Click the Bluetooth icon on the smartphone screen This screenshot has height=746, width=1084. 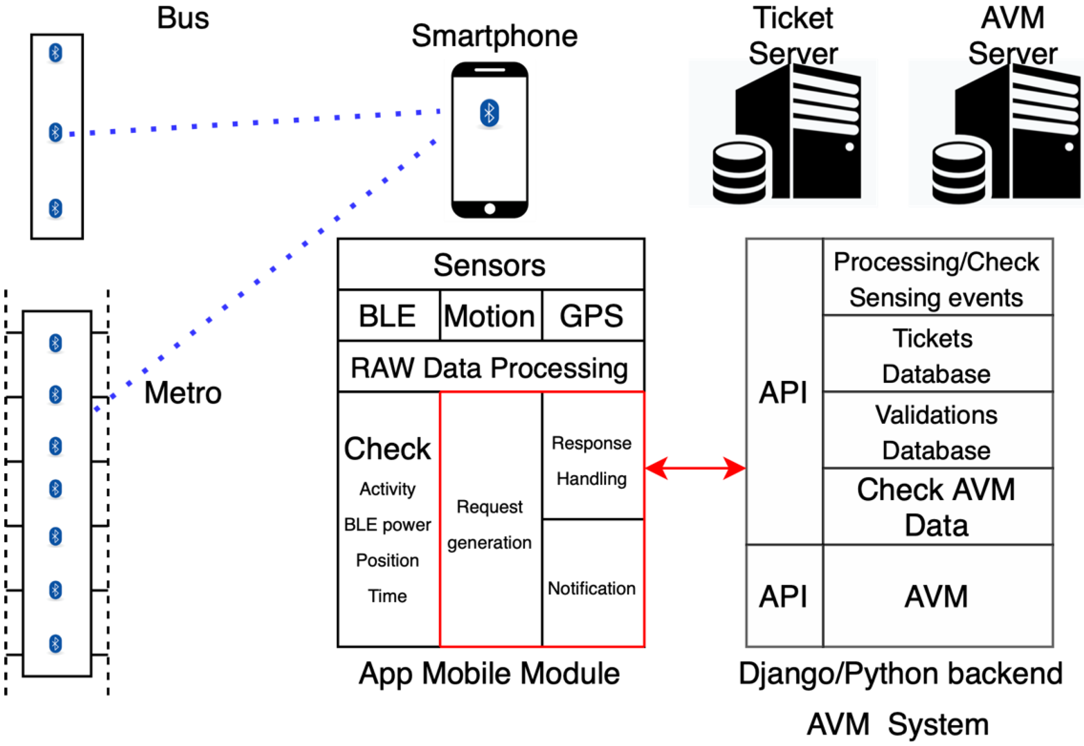tap(489, 113)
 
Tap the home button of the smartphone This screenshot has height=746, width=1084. tap(489, 209)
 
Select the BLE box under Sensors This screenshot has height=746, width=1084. tap(389, 316)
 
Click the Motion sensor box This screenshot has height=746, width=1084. tap(491, 316)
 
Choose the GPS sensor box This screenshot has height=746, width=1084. tap(593, 316)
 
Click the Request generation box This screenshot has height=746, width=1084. tap(491, 519)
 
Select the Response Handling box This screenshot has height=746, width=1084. tap(593, 456)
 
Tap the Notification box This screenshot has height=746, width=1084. tap(593, 583)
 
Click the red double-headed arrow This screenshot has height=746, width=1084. tap(695, 468)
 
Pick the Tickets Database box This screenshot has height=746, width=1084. tap(938, 354)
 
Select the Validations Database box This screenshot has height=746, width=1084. tap(938, 430)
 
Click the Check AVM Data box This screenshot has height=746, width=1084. tap(938, 506)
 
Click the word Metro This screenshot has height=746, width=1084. tap(183, 393)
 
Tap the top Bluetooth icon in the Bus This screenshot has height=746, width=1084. tap(55, 53)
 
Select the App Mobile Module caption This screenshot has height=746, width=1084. tap(489, 674)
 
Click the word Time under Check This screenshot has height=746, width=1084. tap(387, 596)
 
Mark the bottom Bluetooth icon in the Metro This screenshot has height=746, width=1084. tap(55, 644)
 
